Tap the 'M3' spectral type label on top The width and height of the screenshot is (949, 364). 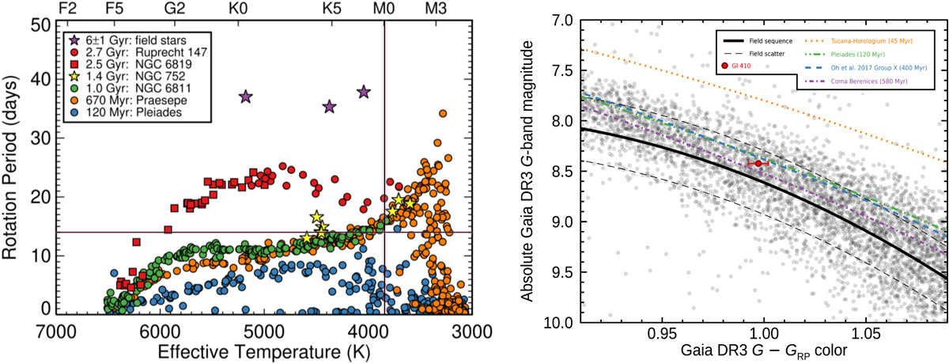pyautogui.click(x=436, y=9)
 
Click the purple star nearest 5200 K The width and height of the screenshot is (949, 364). pyautogui.click(x=245, y=97)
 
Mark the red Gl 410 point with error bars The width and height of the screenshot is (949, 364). pyautogui.click(x=758, y=163)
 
